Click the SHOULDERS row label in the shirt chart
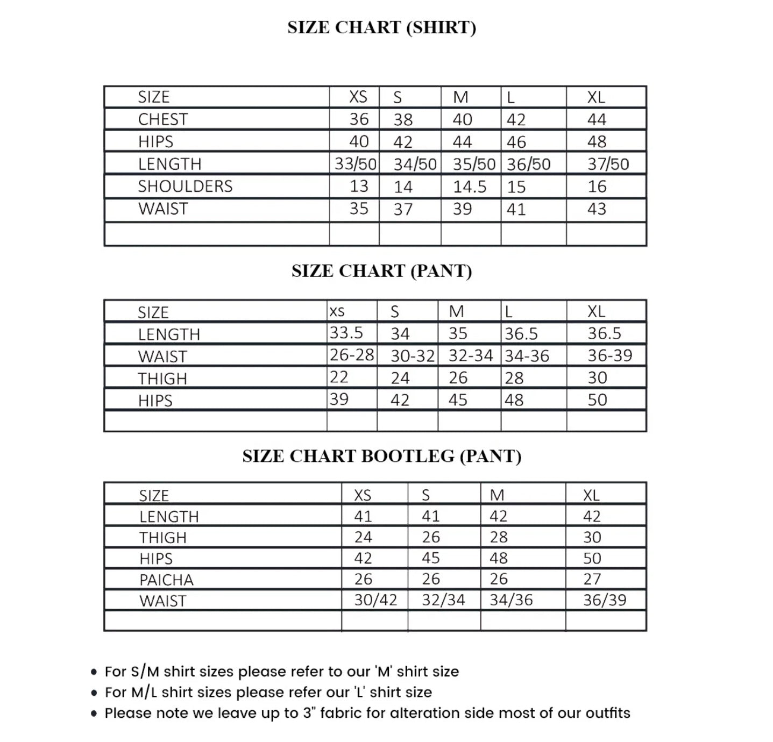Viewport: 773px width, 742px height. [x=185, y=186]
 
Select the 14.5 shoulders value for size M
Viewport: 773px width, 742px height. [x=469, y=187]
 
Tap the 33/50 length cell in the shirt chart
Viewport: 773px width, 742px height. [x=355, y=164]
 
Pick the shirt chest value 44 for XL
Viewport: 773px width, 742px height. [x=596, y=119]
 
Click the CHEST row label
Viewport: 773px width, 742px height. [x=163, y=119]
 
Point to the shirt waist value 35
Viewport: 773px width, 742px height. [x=359, y=209]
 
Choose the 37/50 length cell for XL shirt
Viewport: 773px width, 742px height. [x=608, y=164]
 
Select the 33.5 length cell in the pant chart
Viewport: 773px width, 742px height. [x=346, y=333]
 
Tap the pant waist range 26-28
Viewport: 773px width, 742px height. [x=352, y=355]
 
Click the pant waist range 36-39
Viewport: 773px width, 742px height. [x=609, y=355]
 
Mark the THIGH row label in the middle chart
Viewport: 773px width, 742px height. [x=162, y=379]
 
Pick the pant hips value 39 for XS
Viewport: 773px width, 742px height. [x=339, y=399]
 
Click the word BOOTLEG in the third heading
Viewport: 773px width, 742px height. [x=408, y=456]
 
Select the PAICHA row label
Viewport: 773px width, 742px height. [x=166, y=580]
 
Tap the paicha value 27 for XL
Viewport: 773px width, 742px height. [x=592, y=579]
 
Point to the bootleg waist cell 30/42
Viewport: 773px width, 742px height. [x=375, y=600]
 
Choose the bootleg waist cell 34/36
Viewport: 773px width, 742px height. [x=511, y=600]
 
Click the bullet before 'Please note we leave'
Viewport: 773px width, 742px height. [x=94, y=714]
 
